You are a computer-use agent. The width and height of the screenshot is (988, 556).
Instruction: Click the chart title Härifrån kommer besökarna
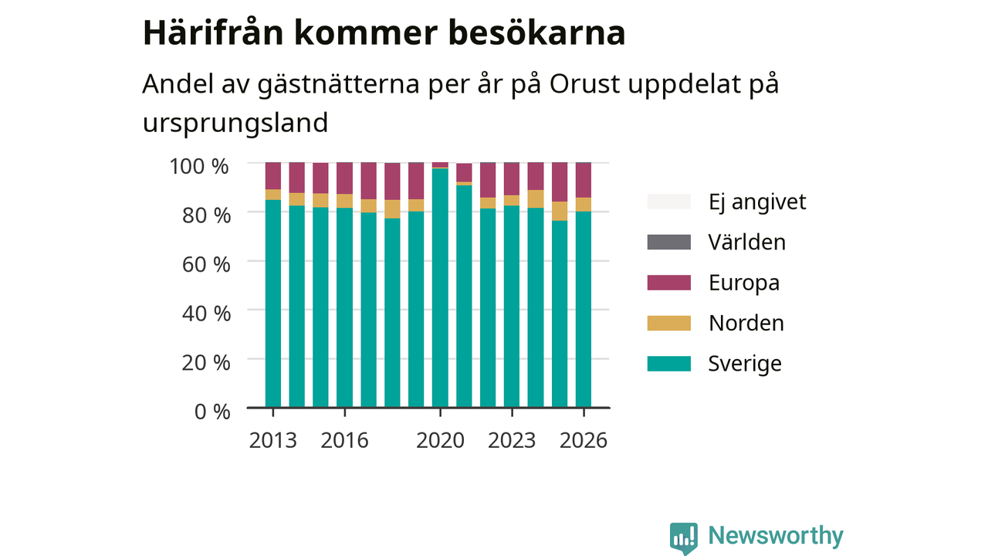(384, 32)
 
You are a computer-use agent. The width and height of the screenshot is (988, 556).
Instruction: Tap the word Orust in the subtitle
(585, 83)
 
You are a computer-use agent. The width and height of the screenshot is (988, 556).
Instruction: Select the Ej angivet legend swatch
(668, 202)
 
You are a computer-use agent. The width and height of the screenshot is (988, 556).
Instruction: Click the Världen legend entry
(716, 242)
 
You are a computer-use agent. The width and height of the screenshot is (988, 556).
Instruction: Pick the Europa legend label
(744, 283)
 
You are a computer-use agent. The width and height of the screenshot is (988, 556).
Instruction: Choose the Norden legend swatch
(668, 323)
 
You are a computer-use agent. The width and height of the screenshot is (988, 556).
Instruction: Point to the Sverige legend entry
(715, 364)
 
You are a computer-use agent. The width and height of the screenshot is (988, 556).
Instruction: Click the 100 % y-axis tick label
(199, 167)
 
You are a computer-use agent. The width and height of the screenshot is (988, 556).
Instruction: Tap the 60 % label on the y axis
(206, 265)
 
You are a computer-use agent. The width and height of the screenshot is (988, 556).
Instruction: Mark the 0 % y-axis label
(212, 412)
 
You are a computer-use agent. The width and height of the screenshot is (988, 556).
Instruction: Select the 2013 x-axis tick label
(273, 440)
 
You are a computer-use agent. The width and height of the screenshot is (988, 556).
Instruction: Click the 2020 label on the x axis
(440, 440)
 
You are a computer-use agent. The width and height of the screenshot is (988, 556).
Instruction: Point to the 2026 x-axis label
(584, 440)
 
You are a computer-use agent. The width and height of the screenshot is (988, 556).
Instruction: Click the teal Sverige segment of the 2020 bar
(440, 288)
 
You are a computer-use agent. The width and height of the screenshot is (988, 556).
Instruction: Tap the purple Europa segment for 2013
(273, 175)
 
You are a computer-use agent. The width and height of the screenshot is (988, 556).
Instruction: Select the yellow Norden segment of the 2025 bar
(560, 211)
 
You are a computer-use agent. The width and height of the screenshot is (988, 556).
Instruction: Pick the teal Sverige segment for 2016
(344, 307)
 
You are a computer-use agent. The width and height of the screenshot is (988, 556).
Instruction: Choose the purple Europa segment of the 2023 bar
(512, 178)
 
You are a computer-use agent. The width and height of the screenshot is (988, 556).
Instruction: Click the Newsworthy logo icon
(684, 538)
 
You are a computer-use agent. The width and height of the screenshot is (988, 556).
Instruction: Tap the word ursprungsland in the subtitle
(235, 123)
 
